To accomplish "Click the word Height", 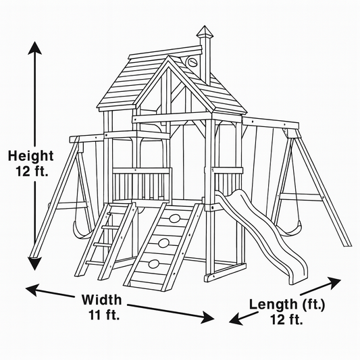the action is click(31, 155).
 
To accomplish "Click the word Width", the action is click(102, 299).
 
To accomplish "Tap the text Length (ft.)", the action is click(287, 305).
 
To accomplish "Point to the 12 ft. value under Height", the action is click(32, 171).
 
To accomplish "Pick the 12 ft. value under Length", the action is click(286, 319).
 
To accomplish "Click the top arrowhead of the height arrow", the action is click(34, 48).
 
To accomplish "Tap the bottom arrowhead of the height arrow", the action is click(34, 263).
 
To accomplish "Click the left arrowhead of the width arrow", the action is click(32, 290).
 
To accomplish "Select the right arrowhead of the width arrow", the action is click(208, 317).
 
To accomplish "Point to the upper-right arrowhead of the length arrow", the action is click(334, 282).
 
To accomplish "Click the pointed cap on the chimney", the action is click(205, 32).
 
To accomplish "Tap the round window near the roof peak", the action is click(191, 61).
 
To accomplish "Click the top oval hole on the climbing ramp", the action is click(174, 218).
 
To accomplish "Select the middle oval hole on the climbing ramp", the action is click(163, 243).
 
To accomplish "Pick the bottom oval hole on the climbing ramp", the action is click(154, 264).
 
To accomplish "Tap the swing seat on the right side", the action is click(291, 229).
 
